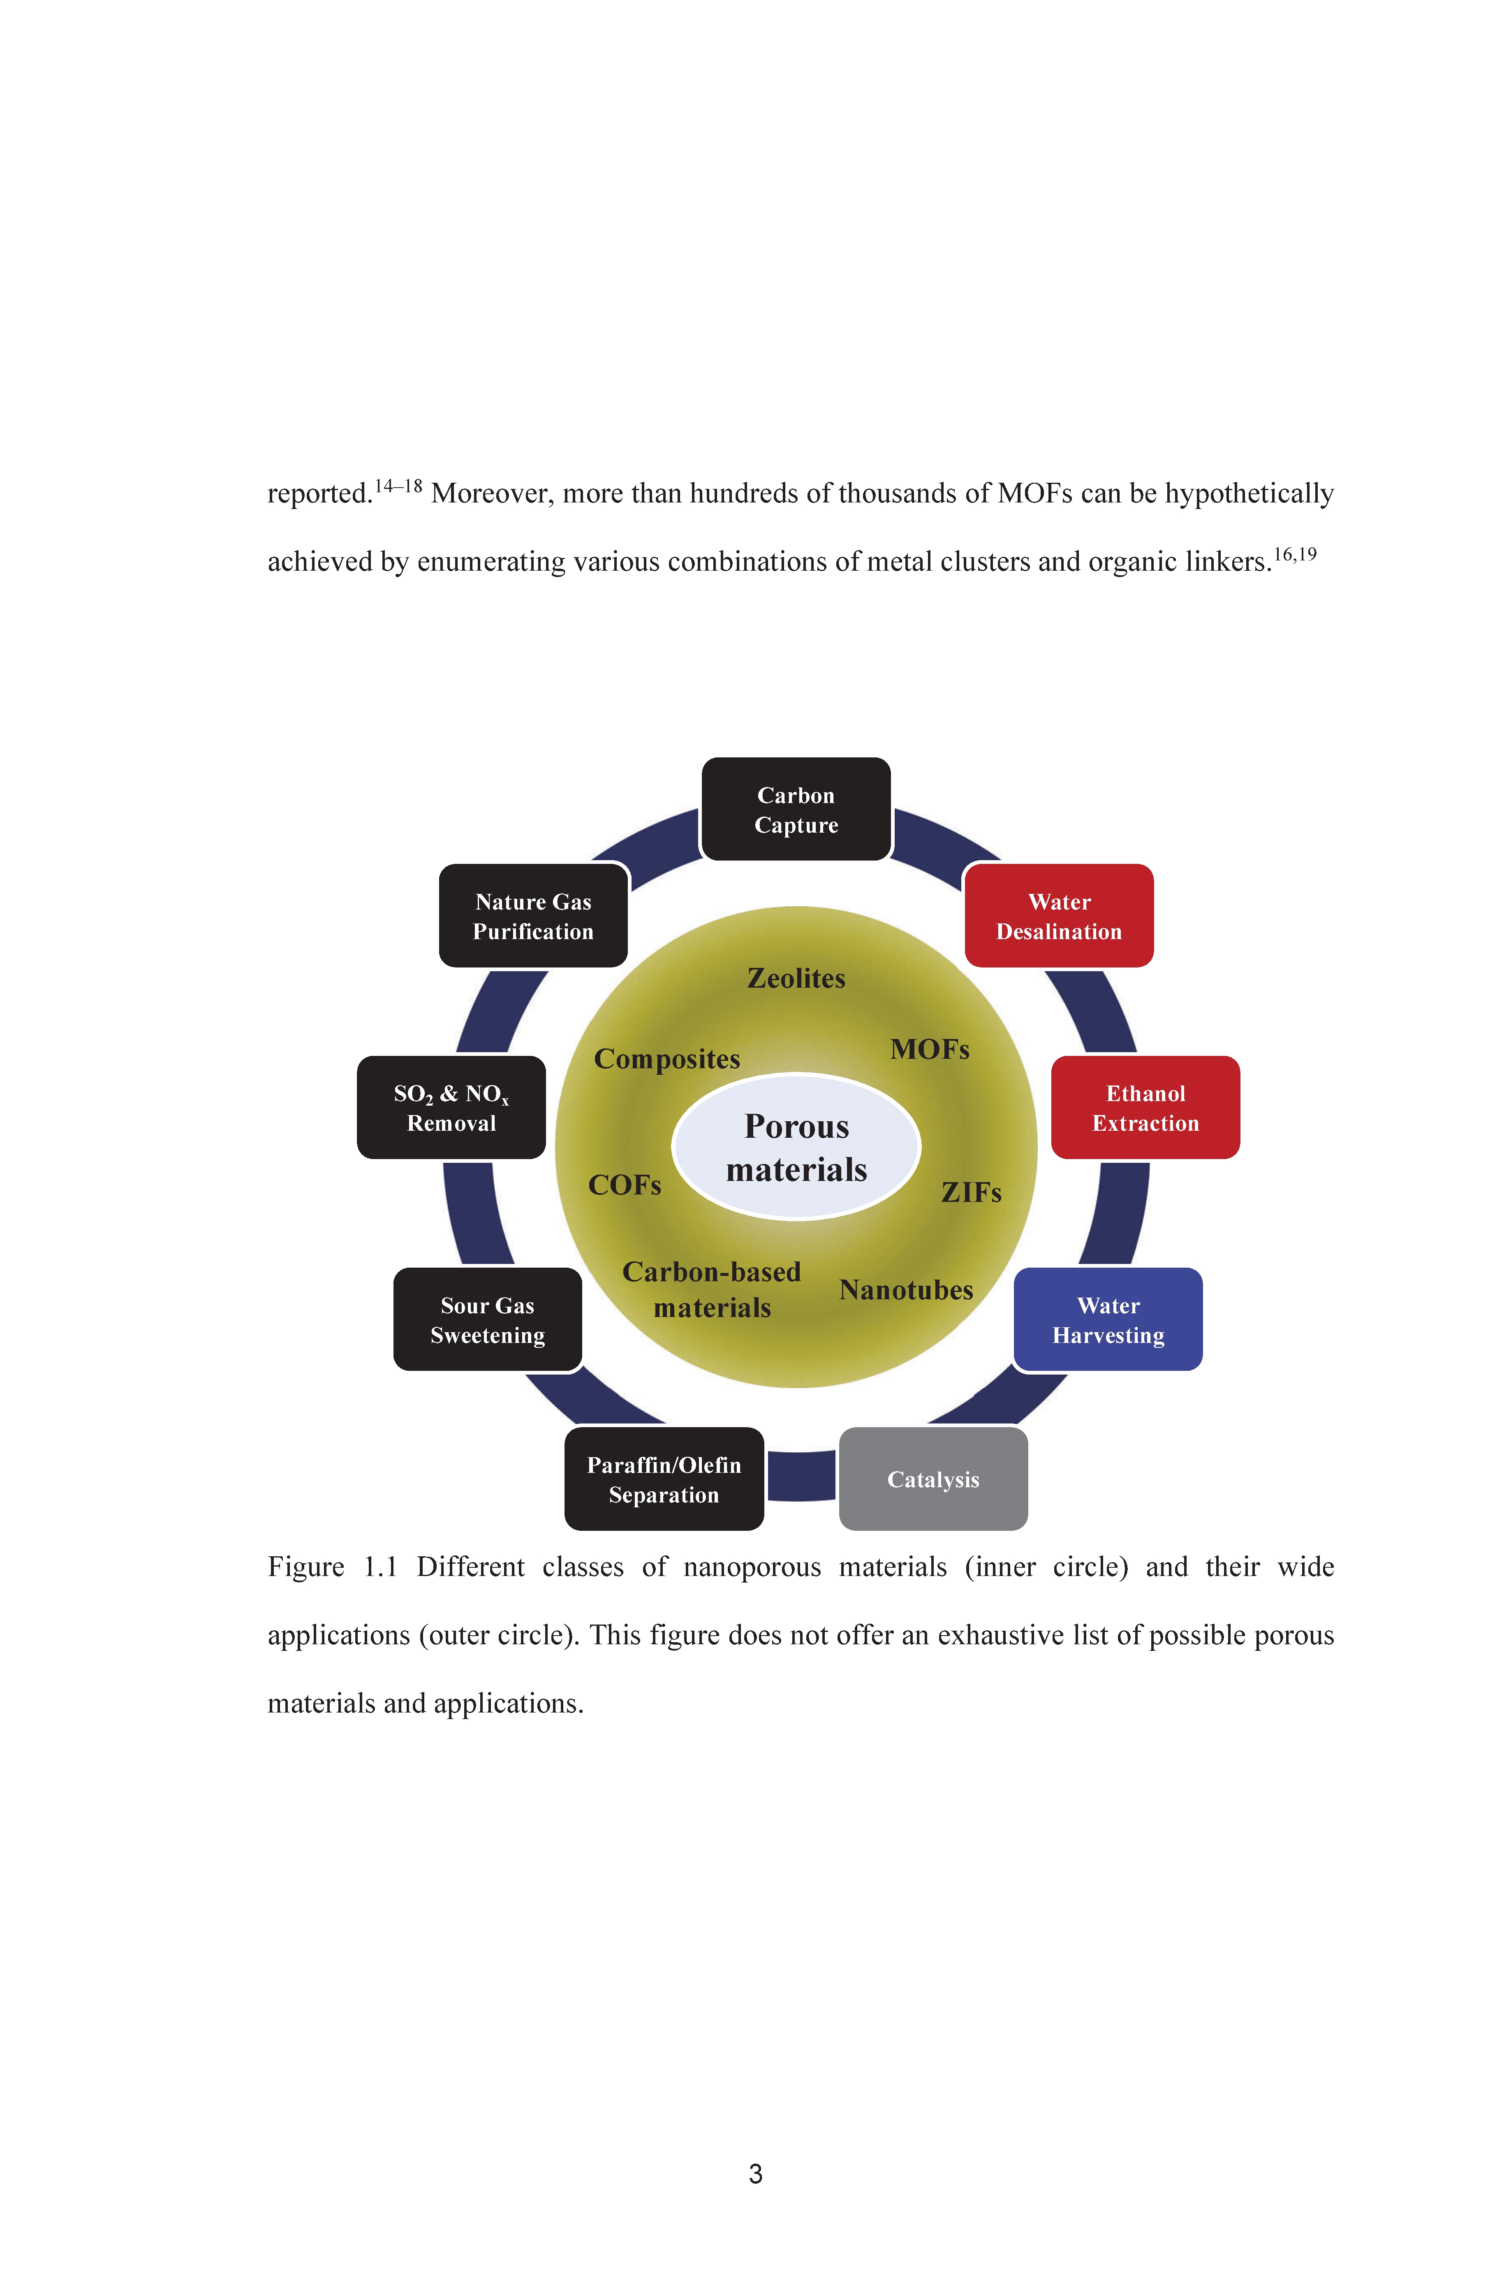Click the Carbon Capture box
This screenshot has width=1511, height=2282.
coord(796,810)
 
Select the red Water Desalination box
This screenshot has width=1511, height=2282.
coord(1059,916)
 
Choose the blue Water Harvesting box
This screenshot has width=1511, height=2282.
coord(1108,1319)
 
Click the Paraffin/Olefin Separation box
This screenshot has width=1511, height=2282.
coord(664,1479)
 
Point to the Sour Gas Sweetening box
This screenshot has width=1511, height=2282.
coord(488,1319)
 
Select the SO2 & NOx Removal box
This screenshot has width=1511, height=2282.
coord(451,1107)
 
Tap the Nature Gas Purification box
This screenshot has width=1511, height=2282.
coord(533,916)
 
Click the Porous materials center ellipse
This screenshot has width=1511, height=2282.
coord(796,1147)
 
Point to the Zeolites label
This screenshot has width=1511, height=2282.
coord(796,978)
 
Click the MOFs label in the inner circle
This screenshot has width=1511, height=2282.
coord(930,1049)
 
